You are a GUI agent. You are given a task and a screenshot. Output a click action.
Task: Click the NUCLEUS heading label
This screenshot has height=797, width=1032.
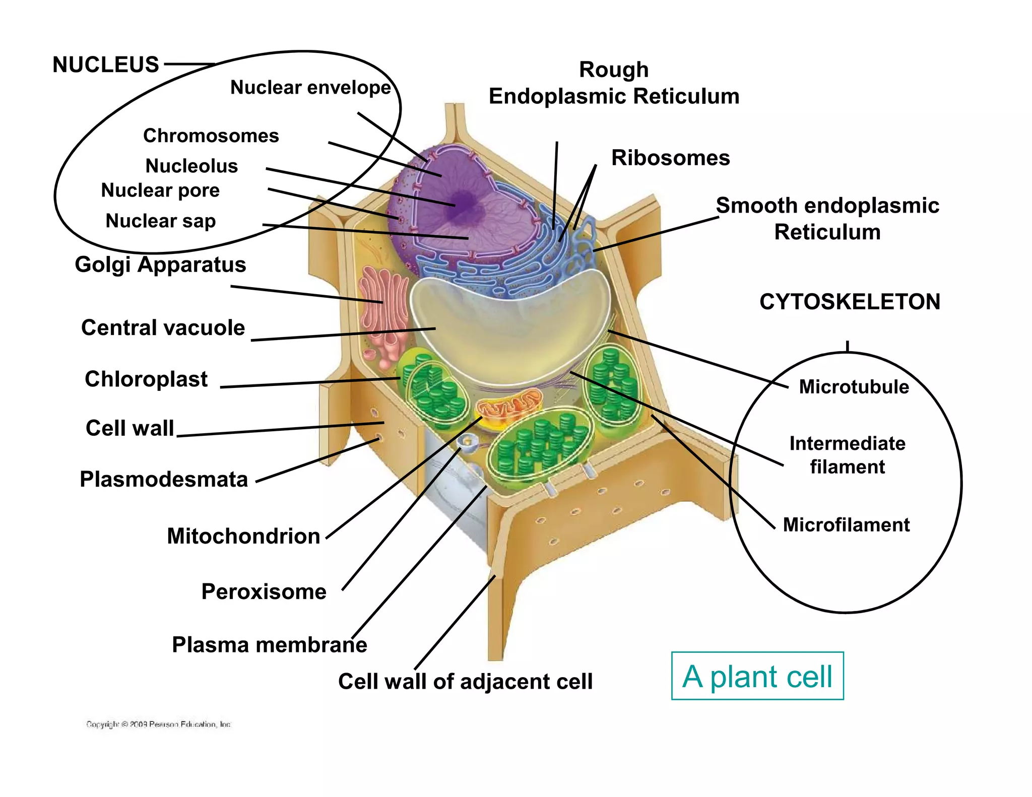[x=106, y=65]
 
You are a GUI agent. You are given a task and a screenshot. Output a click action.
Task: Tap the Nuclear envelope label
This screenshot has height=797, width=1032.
[x=310, y=88]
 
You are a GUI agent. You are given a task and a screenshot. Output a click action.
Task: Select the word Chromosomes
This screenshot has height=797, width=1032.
[x=211, y=136]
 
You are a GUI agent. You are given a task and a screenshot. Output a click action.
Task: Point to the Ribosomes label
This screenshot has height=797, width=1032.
[x=670, y=158]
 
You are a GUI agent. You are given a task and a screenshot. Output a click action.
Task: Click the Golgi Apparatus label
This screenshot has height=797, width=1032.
[x=160, y=264]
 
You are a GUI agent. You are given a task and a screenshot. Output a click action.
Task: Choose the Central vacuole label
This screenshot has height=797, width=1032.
[x=163, y=328]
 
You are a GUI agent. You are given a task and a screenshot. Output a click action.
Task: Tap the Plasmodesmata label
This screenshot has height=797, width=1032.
[x=164, y=480]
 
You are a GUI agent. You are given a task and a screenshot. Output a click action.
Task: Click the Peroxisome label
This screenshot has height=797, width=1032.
[x=264, y=592]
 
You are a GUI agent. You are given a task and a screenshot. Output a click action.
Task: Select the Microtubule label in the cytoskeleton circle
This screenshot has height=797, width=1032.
[x=854, y=387]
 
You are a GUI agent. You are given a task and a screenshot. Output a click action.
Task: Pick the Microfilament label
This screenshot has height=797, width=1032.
[x=846, y=525]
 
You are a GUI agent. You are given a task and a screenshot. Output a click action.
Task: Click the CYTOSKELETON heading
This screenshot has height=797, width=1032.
[x=850, y=302]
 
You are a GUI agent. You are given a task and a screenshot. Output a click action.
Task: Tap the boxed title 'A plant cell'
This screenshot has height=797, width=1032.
[x=757, y=676]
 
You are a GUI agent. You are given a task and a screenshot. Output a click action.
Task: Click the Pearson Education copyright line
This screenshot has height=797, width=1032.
[x=158, y=724]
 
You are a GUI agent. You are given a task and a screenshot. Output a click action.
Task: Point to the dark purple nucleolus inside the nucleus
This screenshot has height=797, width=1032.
[x=463, y=203]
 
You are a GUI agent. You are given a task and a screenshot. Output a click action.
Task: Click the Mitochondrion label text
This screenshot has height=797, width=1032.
[x=243, y=537]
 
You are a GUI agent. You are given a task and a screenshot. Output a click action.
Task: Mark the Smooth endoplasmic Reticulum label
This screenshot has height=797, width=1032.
[x=827, y=219]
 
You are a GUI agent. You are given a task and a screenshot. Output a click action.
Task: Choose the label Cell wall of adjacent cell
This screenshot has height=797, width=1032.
[x=465, y=682]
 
